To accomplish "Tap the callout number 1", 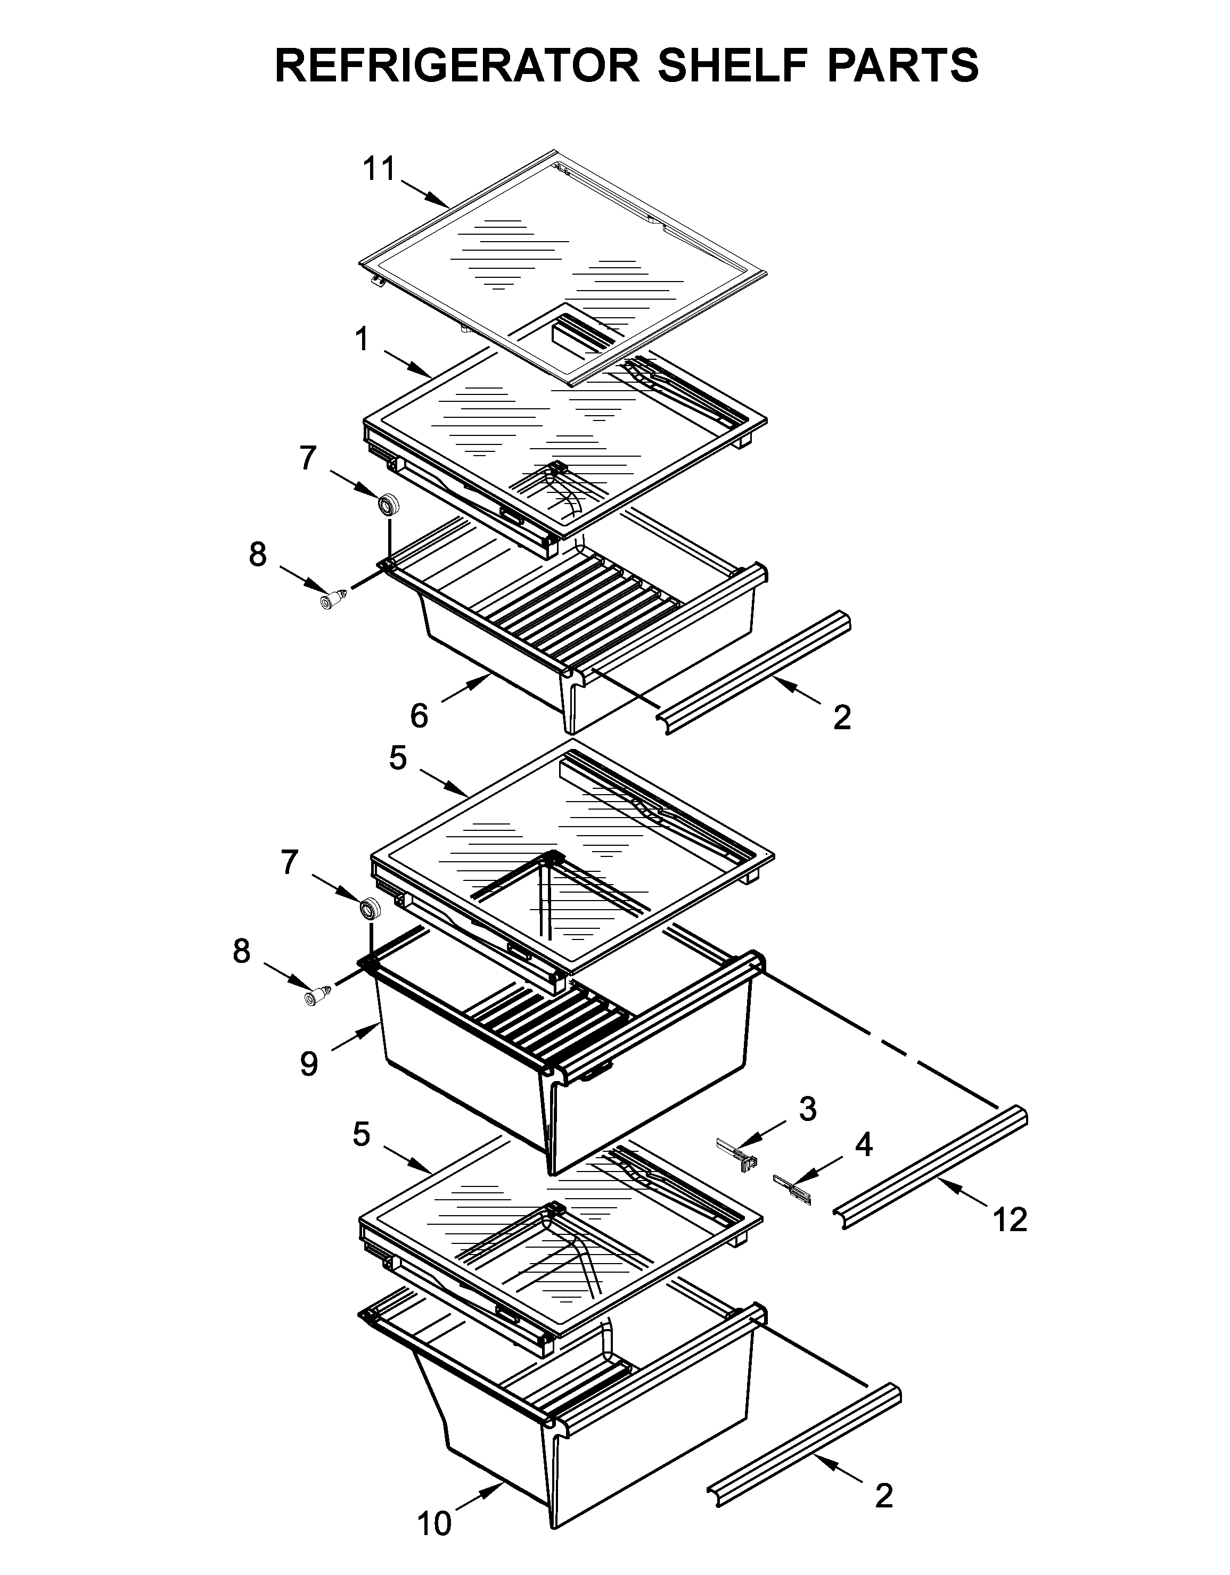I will coord(362,339).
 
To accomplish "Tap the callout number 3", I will coord(807,1109).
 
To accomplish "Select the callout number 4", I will coord(864,1144).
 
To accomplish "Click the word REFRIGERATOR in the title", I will coord(457,65).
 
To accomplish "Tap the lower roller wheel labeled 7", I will coord(371,909).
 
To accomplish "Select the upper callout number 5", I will coord(398,758).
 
